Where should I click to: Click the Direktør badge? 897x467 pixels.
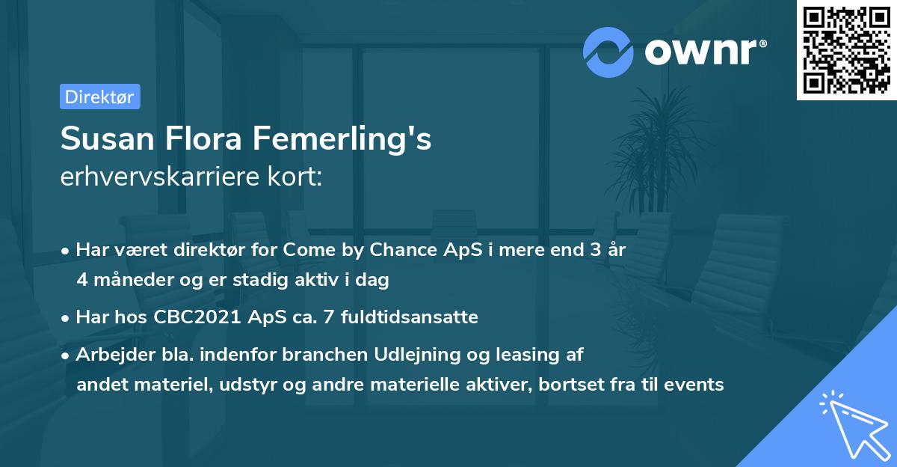(x=99, y=97)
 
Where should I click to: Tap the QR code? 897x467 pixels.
(x=847, y=50)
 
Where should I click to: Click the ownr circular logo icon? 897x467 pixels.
(x=608, y=51)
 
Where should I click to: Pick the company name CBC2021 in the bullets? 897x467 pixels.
(x=198, y=317)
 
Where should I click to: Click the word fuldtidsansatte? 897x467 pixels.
(x=410, y=317)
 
